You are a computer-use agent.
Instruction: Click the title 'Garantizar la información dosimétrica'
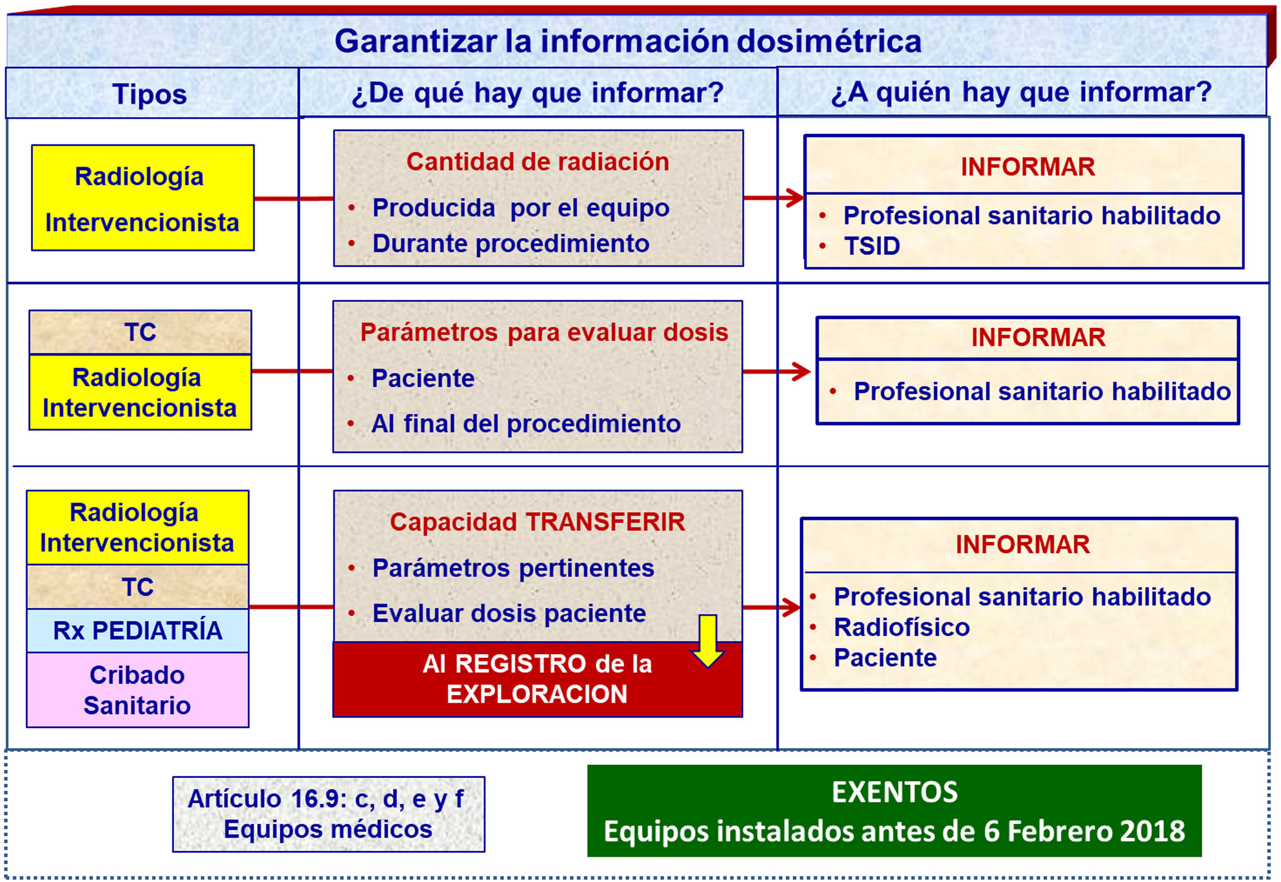[x=628, y=41]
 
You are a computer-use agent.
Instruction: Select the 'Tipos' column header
[x=150, y=94]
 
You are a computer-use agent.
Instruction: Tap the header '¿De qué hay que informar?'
[x=537, y=92]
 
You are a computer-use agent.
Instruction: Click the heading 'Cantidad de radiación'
[x=538, y=162]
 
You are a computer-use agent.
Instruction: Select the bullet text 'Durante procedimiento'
[x=511, y=243]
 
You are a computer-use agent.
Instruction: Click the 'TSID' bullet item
[x=872, y=246]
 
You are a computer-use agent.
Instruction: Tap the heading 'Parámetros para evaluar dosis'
[x=544, y=332]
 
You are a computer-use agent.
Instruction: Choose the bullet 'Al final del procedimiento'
[x=526, y=423]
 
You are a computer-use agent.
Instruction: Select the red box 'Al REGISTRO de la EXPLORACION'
[x=537, y=679]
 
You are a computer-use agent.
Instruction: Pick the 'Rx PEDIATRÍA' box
[x=138, y=631]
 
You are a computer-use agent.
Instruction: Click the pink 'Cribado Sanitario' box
[x=137, y=690]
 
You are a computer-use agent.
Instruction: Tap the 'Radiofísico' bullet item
[x=902, y=627]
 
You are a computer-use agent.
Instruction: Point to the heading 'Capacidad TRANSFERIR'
[x=537, y=522]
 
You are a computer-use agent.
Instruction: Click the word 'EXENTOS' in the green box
[x=895, y=792]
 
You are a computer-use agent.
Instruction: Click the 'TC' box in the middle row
[x=140, y=332]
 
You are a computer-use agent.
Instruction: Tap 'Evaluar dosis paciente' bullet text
[x=509, y=614]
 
